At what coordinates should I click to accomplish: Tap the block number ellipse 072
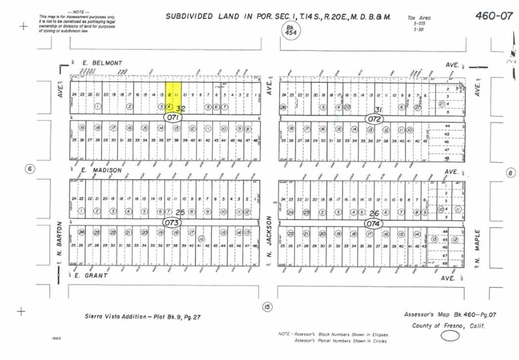(375, 118)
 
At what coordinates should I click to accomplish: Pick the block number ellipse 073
(172, 223)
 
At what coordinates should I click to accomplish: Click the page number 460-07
(494, 15)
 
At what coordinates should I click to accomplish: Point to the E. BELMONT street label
(102, 63)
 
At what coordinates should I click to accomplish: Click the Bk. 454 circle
(290, 29)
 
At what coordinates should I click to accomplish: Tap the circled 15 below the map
(267, 306)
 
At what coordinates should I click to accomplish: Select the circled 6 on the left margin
(30, 169)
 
